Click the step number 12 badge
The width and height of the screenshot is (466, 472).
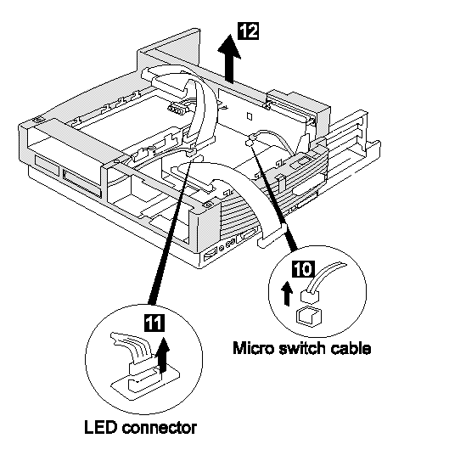249,31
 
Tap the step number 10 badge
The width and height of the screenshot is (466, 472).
303,269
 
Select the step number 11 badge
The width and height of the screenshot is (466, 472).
154,323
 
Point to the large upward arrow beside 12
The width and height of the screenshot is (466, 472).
229,59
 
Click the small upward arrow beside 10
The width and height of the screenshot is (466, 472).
287,294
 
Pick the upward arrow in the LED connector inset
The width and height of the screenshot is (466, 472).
162,355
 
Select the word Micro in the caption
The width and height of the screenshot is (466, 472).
253,348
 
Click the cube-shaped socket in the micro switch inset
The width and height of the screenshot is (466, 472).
309,317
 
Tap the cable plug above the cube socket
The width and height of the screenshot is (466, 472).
309,296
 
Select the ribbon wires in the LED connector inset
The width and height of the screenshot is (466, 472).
132,346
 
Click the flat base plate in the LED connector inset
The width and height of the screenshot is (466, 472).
145,382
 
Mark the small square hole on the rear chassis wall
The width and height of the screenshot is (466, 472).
249,116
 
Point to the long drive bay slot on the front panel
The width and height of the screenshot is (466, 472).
81,183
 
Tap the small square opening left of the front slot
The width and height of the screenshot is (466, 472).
47,166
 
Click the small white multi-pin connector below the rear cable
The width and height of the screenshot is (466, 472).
177,109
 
